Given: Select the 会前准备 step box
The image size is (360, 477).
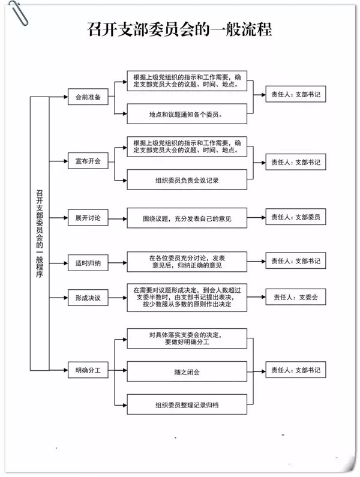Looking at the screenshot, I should pos(88,97).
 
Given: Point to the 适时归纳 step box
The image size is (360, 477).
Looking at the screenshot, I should pos(88,262).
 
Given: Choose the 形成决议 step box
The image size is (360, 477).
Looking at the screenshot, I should pos(88,296).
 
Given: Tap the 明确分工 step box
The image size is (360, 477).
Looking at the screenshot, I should pos(88,370).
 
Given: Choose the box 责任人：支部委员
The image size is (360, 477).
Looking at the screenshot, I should pos(295,217).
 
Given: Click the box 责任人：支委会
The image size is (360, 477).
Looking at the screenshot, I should pos(295,296).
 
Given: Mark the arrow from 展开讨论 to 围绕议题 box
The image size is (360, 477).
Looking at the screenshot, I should pos(118,218).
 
